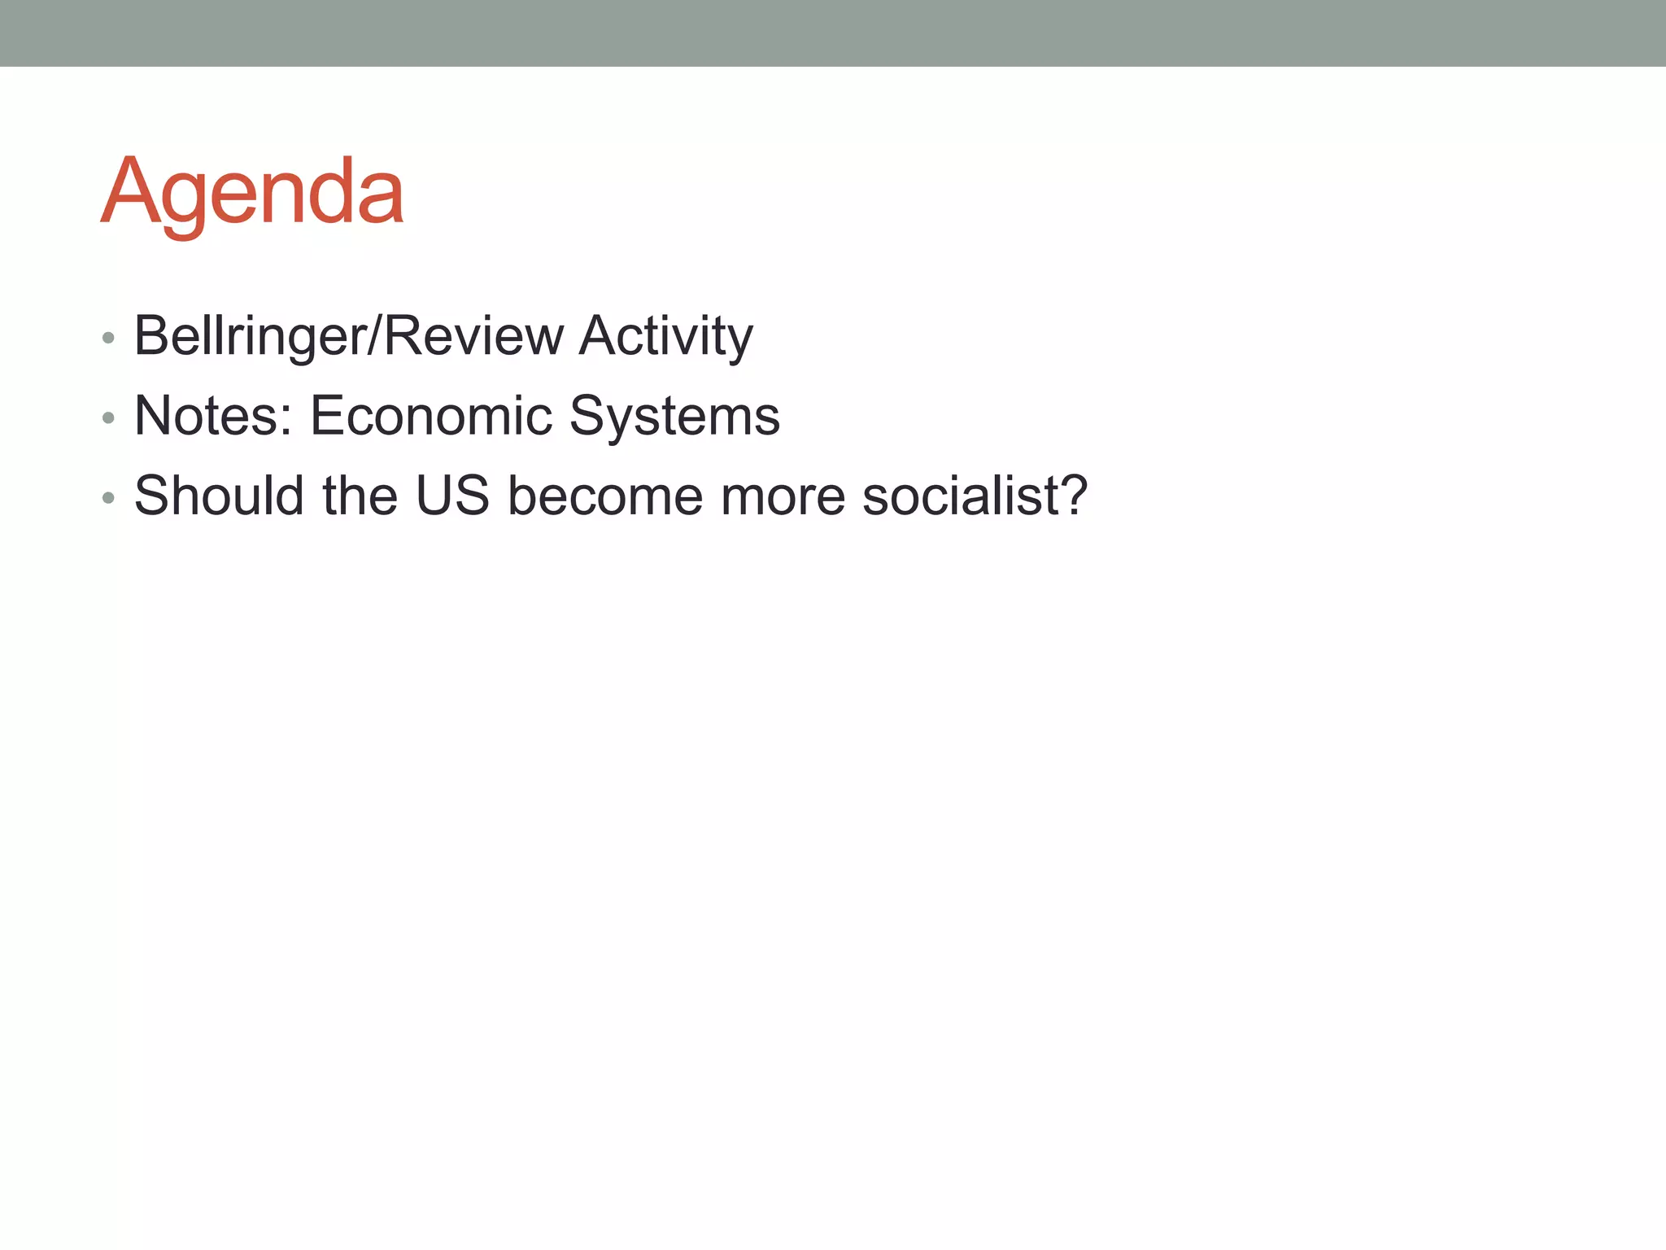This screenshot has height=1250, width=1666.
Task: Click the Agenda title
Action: click(x=252, y=193)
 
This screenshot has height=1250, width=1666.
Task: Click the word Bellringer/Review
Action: click(x=349, y=335)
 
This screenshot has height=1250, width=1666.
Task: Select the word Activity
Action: click(x=665, y=335)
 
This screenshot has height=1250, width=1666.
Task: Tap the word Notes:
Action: click(x=213, y=416)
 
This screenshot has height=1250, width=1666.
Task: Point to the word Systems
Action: click(x=674, y=416)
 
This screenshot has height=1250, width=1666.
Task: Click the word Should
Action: click(x=219, y=496)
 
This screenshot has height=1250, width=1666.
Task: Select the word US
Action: click(x=452, y=496)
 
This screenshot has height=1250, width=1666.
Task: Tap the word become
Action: click(x=605, y=496)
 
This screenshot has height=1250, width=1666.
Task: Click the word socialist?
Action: click(x=975, y=496)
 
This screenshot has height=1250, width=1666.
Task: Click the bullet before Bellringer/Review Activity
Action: click(x=108, y=338)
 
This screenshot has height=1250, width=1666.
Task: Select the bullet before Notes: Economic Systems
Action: click(x=108, y=418)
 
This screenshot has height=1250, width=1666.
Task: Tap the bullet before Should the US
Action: click(x=108, y=498)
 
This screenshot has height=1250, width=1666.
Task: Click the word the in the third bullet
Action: click(x=360, y=496)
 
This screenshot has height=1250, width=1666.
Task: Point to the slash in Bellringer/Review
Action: click(x=373, y=335)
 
